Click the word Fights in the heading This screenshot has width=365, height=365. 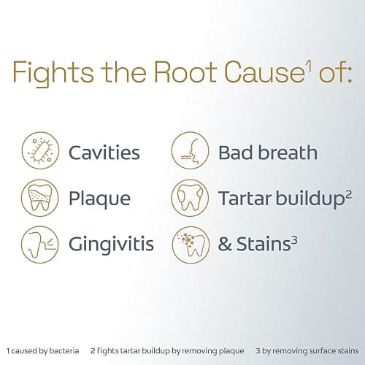53,73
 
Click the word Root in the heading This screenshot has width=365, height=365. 185,72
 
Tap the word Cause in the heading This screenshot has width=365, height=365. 264,72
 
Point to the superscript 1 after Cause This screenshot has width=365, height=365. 309,66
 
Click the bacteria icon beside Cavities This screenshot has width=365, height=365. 40,150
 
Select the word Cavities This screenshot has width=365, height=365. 104,153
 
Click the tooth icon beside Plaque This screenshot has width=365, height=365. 40,198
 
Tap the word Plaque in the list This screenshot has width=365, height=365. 99,199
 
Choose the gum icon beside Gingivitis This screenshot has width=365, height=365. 40,245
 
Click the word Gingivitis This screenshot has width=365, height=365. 111,245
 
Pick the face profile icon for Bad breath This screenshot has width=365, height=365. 190,150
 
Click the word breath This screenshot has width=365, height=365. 288,153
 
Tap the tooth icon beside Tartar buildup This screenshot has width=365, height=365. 190,198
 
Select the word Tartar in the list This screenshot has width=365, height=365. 245,199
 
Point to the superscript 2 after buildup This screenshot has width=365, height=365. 348,195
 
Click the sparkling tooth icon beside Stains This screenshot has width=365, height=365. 191,245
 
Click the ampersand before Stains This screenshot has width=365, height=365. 225,244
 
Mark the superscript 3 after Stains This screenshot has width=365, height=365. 294,240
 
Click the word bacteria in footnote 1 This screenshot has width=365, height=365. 64,350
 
